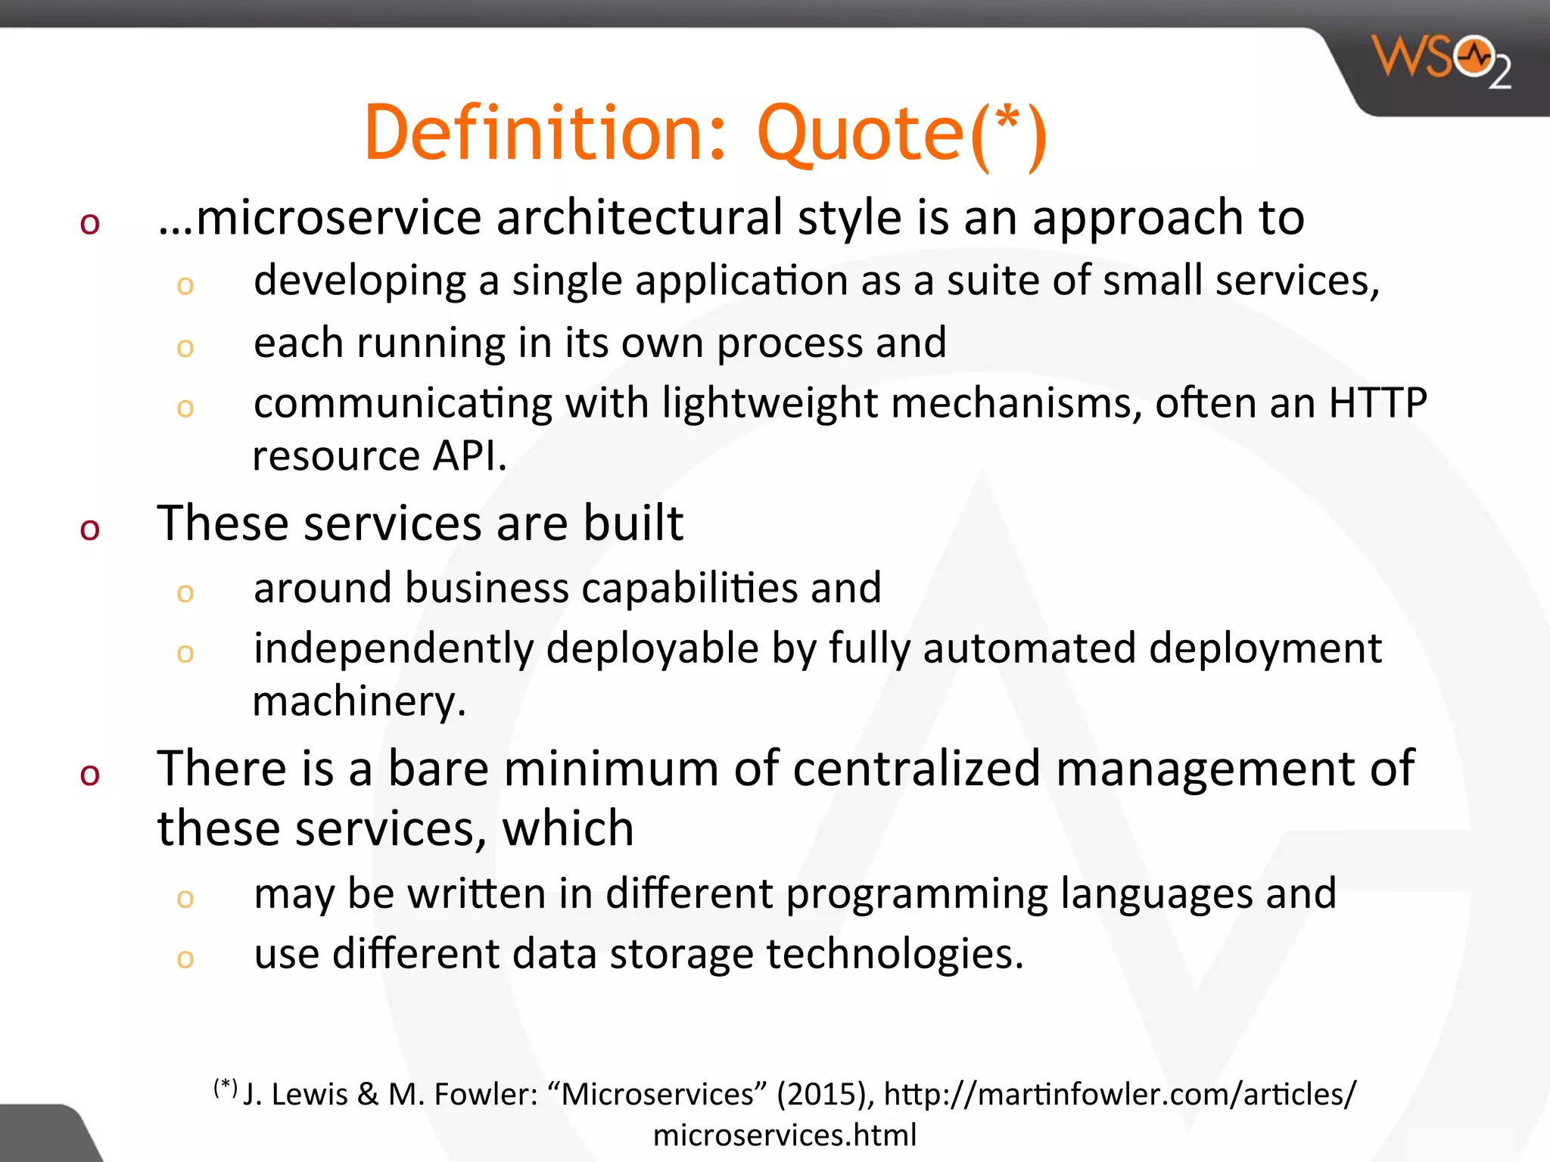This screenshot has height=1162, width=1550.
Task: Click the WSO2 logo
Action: coord(1443,62)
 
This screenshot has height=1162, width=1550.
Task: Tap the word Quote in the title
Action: coord(861,134)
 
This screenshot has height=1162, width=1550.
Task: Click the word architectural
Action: coord(640,219)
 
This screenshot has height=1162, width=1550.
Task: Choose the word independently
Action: coord(393,649)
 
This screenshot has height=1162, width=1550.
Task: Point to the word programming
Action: coord(917,894)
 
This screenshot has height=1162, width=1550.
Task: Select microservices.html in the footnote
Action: coord(785,1136)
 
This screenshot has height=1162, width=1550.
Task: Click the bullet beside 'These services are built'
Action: coord(90,529)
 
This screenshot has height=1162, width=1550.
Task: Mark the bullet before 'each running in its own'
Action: coord(185,347)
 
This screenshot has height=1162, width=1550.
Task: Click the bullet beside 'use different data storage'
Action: coord(185,958)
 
